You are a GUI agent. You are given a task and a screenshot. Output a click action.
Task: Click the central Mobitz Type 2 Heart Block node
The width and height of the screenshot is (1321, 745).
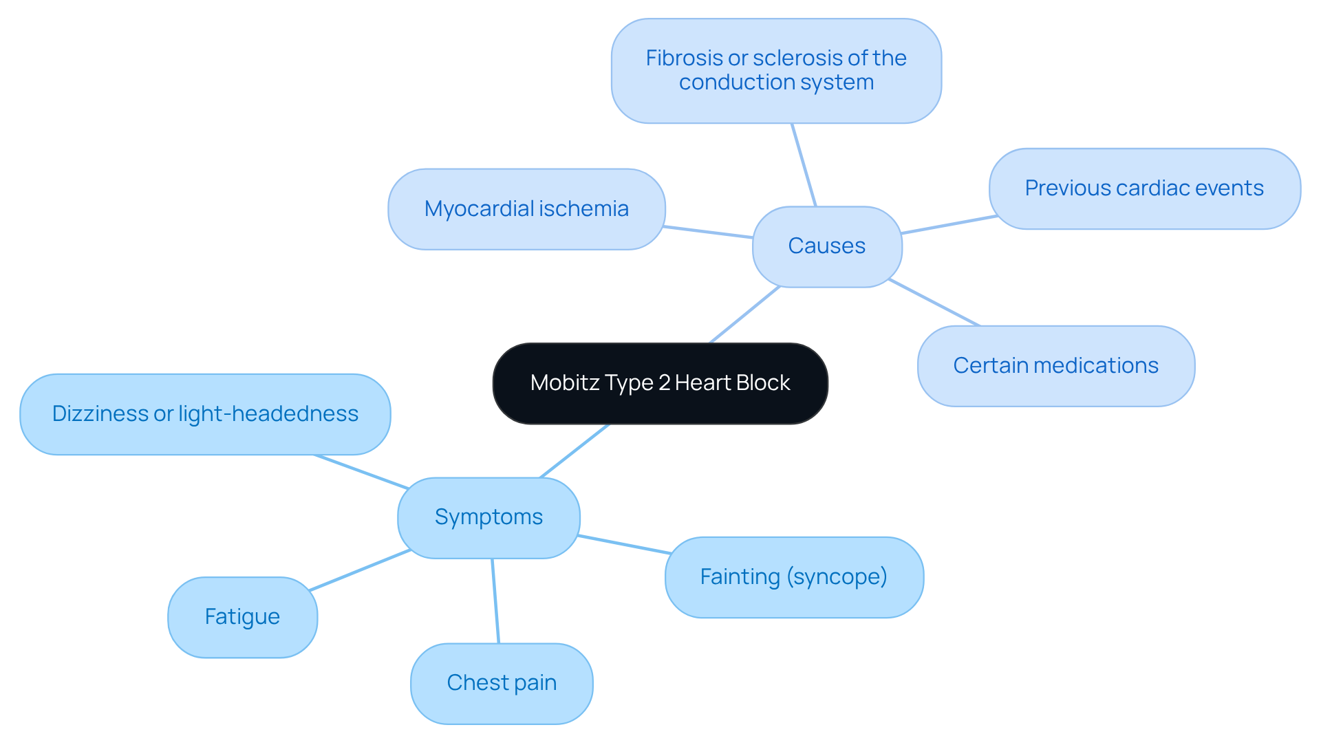coord(660,383)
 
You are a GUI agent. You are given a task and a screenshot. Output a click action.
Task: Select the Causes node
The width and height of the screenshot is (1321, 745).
coord(826,246)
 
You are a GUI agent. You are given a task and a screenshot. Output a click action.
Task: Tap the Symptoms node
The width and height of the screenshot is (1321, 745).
coord(488,517)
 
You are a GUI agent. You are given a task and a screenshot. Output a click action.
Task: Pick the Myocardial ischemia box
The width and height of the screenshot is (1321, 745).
coord(526,209)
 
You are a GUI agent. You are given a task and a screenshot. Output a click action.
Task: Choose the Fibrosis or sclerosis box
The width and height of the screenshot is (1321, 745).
coord(776,71)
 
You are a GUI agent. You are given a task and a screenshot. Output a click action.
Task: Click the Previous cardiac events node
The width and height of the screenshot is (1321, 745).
coord(1144,188)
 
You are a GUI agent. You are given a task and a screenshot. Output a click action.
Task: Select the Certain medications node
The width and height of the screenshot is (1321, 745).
coord(1055,366)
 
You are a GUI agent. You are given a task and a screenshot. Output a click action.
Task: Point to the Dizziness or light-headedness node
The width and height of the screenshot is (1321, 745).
coord(205,414)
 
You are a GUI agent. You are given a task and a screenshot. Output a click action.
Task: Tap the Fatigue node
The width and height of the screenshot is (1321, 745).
coord(242,617)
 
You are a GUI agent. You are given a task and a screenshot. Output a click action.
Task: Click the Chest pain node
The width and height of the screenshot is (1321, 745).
coord(502,683)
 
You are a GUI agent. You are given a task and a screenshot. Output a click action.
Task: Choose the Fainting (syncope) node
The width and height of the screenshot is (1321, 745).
coord(794,577)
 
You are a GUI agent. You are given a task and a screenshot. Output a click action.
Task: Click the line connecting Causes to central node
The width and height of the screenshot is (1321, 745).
coord(745,314)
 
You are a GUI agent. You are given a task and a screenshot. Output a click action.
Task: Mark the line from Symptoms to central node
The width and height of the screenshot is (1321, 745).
coord(574,451)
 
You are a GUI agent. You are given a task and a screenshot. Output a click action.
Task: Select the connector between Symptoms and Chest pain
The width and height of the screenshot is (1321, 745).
coord(495,601)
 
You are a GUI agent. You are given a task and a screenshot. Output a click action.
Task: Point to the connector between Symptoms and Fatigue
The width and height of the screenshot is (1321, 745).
coord(360,570)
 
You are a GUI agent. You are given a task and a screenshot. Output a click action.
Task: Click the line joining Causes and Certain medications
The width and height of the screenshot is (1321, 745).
coord(934,303)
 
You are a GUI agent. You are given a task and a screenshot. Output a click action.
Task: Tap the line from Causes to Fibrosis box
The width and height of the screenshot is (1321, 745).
coord(804,165)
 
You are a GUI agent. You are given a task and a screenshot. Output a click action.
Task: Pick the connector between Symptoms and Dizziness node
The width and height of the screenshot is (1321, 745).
coord(361,472)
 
